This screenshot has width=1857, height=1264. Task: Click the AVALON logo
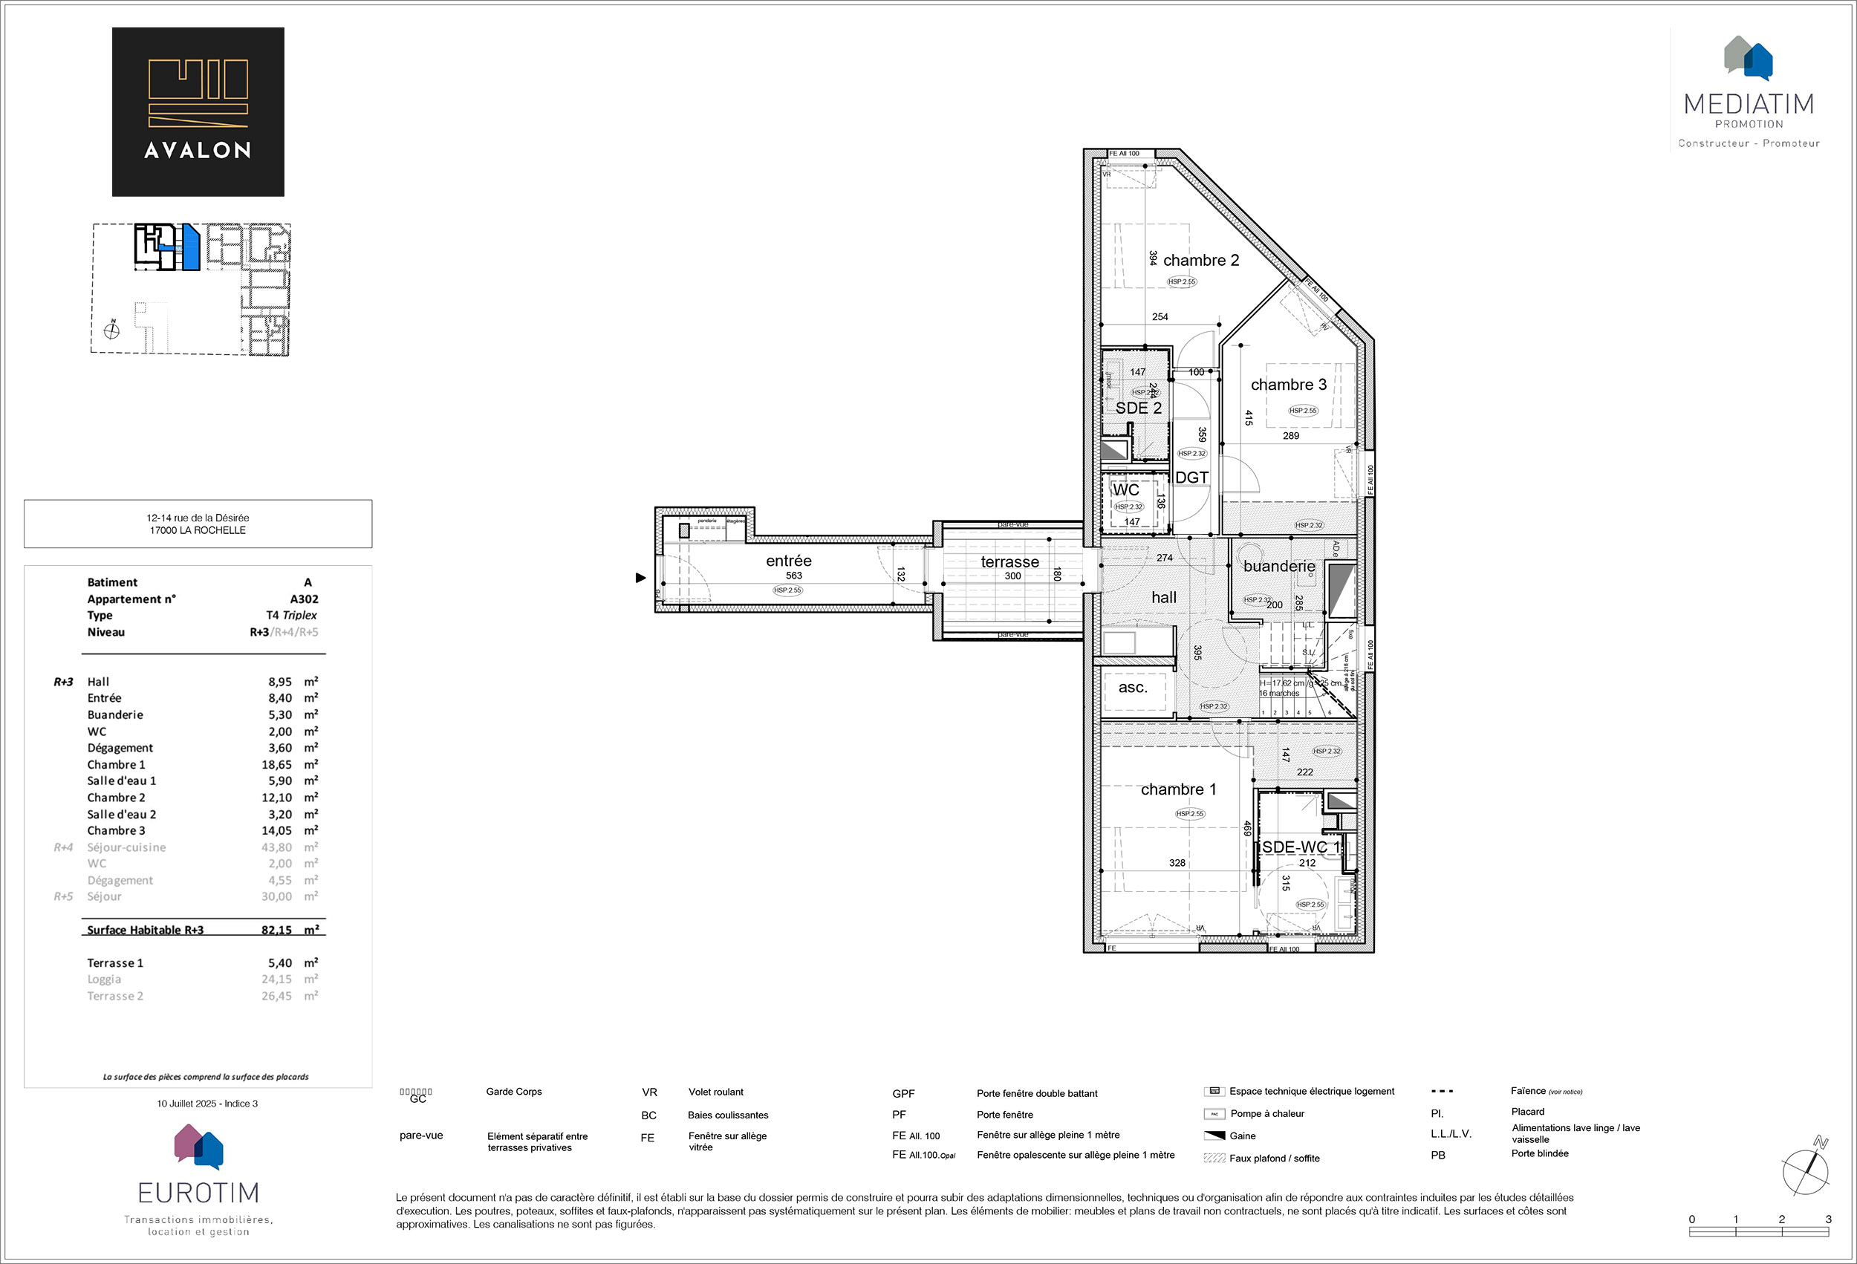click(x=198, y=112)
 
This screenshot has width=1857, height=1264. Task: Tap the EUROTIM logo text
click(x=198, y=1193)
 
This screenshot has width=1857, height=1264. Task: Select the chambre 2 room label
click(x=1200, y=261)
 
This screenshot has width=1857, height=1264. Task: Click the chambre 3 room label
click(x=1288, y=385)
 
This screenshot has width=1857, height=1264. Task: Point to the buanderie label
click(x=1278, y=567)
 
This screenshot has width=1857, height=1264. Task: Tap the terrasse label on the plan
click(x=1010, y=561)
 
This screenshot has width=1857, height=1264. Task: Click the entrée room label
click(x=788, y=561)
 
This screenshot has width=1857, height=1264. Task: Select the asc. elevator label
click(x=1132, y=687)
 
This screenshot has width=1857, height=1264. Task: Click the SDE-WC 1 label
click(x=1300, y=847)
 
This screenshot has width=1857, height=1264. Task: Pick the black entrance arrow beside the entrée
click(x=640, y=578)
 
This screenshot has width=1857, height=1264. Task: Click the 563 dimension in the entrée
click(x=793, y=576)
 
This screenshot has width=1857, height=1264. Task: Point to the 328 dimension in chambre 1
click(x=1177, y=863)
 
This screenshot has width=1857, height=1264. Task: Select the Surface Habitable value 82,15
click(x=276, y=930)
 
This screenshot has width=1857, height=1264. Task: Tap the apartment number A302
click(x=304, y=599)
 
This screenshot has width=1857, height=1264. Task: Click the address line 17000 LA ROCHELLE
click(x=198, y=530)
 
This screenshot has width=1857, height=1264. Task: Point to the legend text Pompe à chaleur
click(x=1267, y=1114)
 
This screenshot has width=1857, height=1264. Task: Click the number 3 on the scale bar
click(x=1828, y=1219)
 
